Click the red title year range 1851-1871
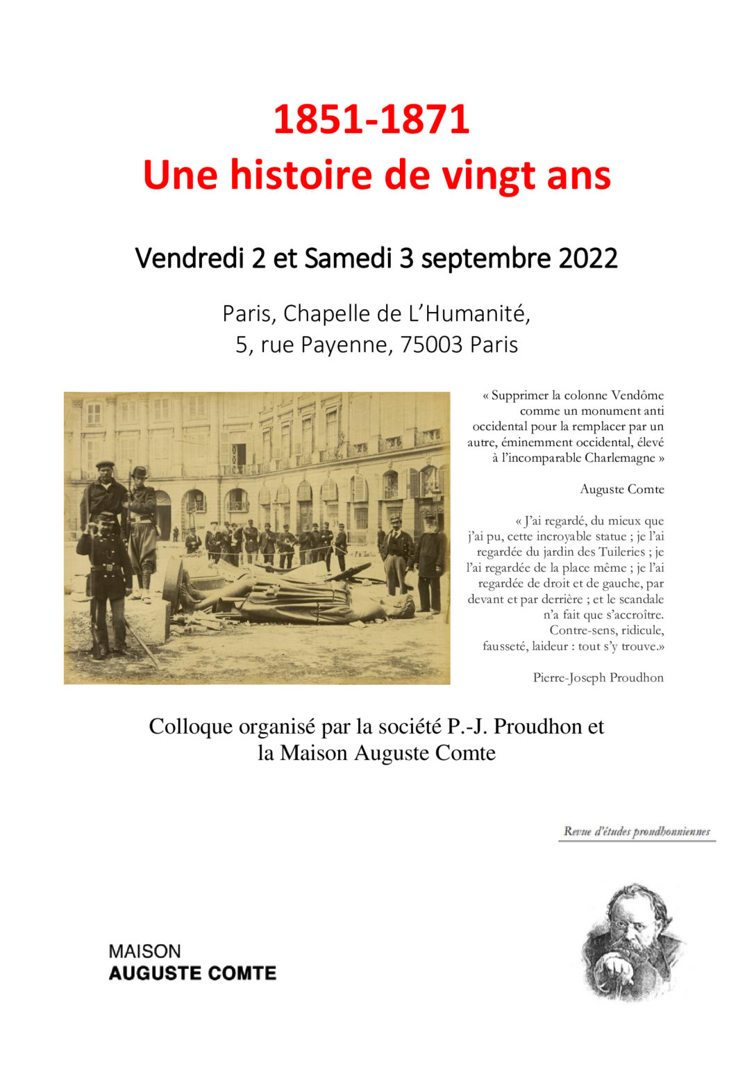click(x=371, y=119)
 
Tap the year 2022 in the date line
click(x=588, y=258)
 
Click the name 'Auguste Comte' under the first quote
click(x=621, y=490)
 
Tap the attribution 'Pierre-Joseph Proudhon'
click(x=598, y=678)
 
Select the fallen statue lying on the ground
click(x=292, y=599)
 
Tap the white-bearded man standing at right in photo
click(x=430, y=563)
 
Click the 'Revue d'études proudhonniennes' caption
click(x=636, y=832)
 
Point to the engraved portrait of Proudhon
click(x=632, y=941)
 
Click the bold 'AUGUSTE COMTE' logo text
click(x=192, y=973)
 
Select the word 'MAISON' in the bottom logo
click(x=144, y=951)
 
